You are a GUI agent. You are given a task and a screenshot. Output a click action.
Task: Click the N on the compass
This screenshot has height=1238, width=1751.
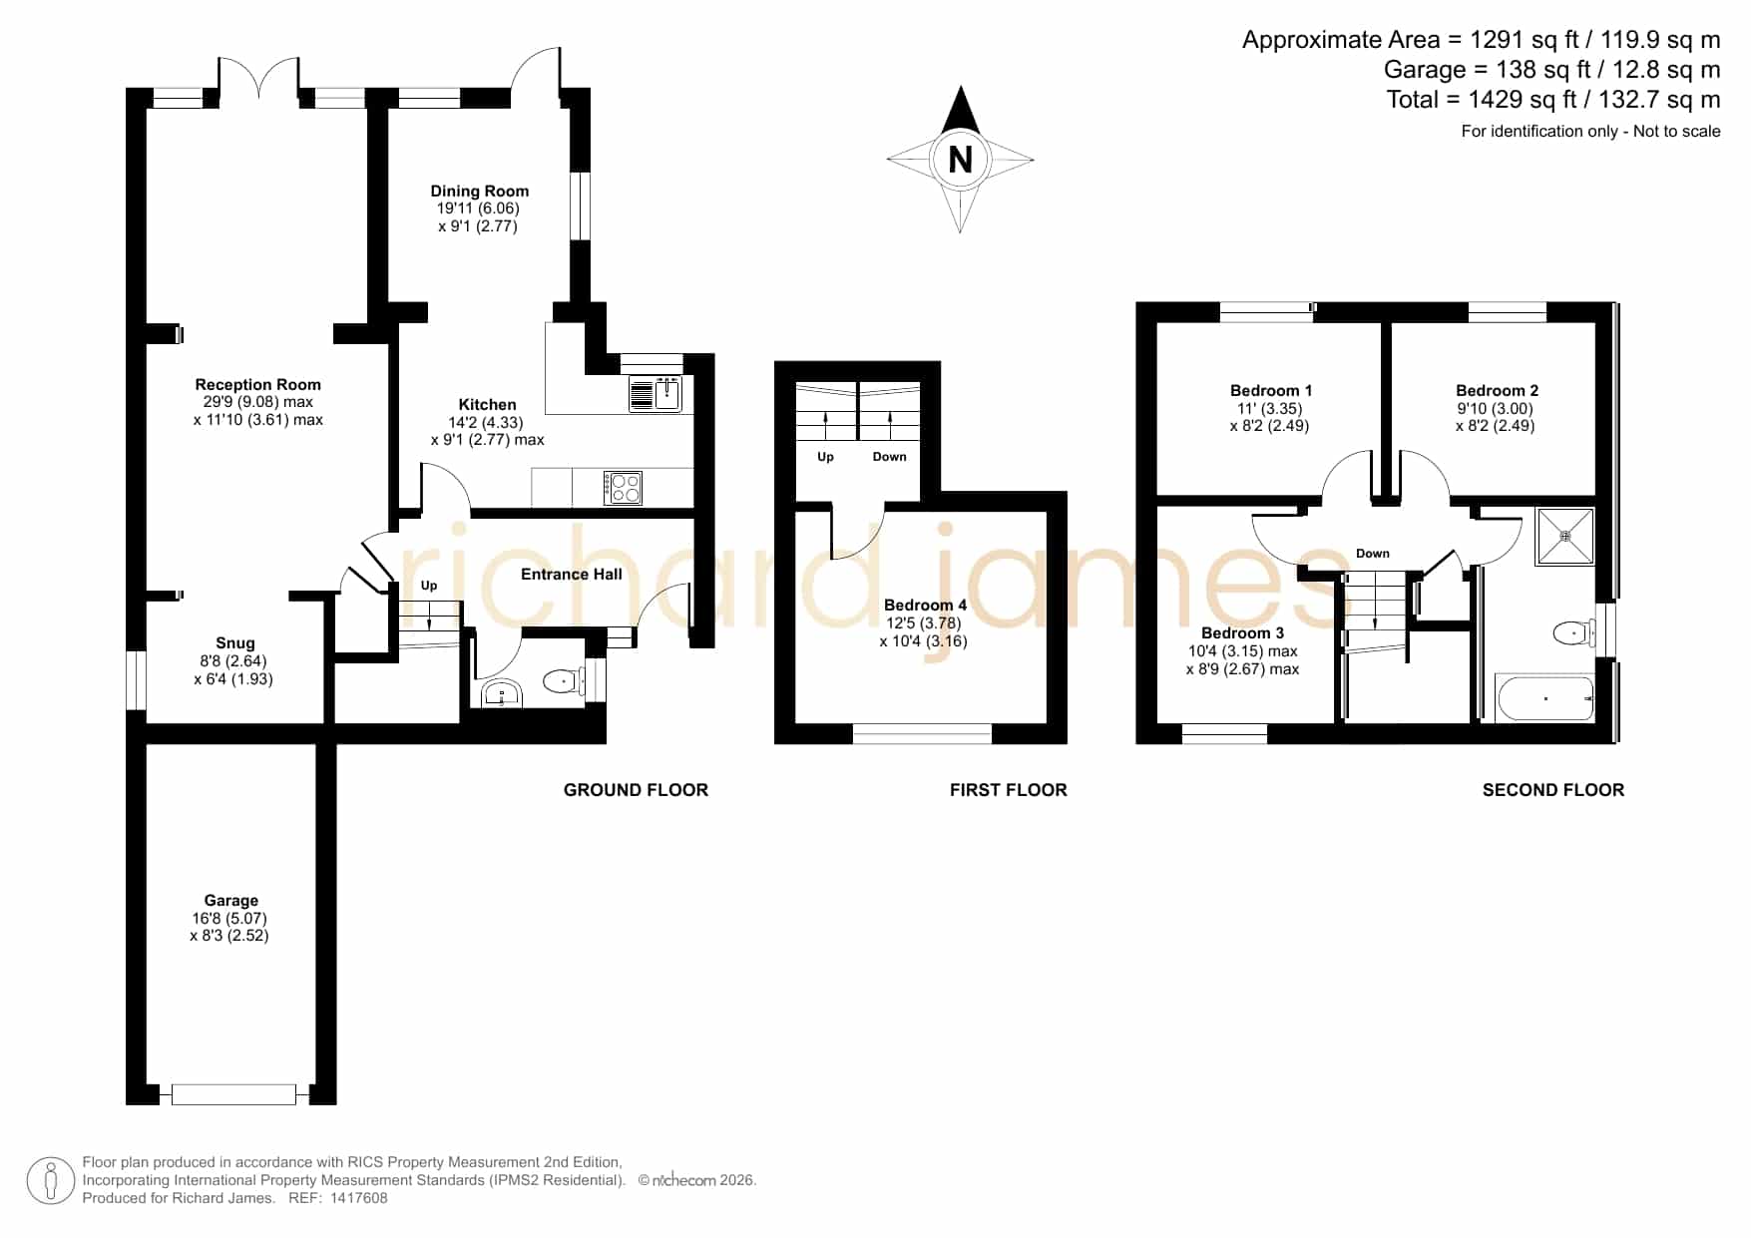pos(960,160)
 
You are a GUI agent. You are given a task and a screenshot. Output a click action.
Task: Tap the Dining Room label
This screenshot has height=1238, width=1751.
pos(480,191)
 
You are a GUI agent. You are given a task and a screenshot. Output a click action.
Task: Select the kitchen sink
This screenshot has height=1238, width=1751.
pos(656,394)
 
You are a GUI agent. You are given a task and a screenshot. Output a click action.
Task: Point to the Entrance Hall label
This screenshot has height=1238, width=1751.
pos(572,574)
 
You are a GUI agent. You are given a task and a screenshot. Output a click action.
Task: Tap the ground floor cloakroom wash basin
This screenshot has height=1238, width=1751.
pos(501,693)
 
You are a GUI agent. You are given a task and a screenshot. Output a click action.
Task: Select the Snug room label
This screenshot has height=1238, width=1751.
pos(235,643)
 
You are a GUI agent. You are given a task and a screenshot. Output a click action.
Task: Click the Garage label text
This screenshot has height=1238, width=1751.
pos(231,900)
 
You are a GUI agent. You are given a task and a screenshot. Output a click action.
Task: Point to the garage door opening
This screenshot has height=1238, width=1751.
pos(234,1094)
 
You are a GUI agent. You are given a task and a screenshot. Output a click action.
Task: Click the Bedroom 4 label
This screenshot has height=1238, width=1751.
pos(925,605)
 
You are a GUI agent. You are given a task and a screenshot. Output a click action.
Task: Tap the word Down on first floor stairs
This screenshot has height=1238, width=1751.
pos(890,457)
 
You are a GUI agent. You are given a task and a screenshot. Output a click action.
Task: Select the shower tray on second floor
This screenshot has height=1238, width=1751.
pos(1565,536)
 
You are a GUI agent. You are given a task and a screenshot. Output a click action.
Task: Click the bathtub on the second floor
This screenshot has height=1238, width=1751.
pos(1544,698)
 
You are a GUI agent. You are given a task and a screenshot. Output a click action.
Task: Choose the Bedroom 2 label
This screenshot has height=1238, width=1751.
pos(1497,390)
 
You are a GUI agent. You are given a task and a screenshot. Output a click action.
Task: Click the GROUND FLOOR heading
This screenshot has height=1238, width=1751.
pos(636,790)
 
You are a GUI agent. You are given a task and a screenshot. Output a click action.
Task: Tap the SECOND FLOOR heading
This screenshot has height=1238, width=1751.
pos(1553,790)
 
